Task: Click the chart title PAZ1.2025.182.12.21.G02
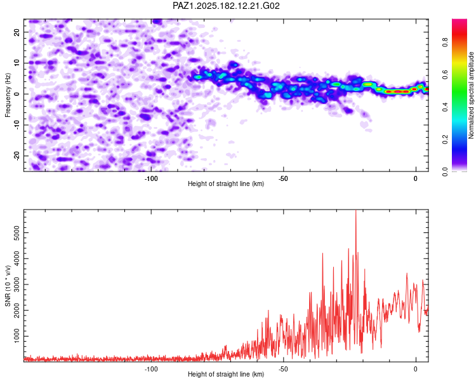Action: pyautogui.click(x=226, y=6)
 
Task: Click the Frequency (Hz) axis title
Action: pyautogui.click(x=8, y=95)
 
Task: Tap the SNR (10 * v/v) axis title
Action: pyautogui.click(x=8, y=286)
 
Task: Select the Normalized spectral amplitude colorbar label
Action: pyautogui.click(x=471, y=95)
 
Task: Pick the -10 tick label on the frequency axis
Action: pyautogui.click(x=17, y=125)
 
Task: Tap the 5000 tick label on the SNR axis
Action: pyautogui.click(x=17, y=233)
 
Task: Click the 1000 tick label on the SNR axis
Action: pyautogui.click(x=17, y=336)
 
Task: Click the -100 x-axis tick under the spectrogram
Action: pyautogui.click(x=151, y=178)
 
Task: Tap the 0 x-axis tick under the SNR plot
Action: pyautogui.click(x=416, y=369)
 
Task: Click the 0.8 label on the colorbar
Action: pyautogui.click(x=445, y=42)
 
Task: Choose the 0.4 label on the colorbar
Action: pyautogui.click(x=445, y=107)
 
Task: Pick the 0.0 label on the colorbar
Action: pyautogui.click(x=445, y=171)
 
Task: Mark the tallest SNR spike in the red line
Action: pyautogui.click(x=356, y=211)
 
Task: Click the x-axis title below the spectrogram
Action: pyautogui.click(x=226, y=184)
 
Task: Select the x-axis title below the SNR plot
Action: pyautogui.click(x=226, y=374)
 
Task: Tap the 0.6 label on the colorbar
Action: pyautogui.click(x=445, y=74)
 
